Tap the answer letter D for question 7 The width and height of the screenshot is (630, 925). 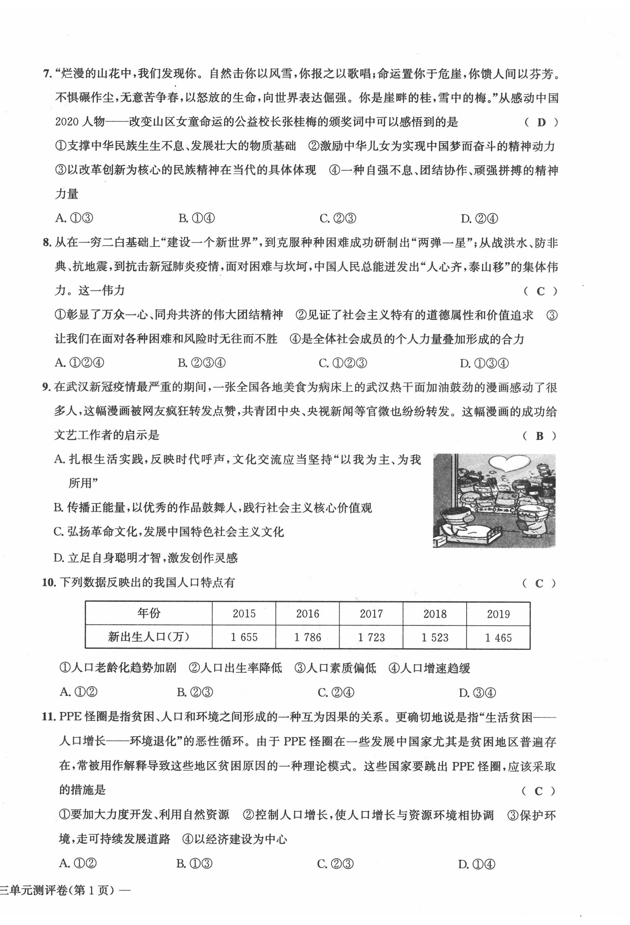541,123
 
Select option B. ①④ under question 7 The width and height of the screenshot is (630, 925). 197,218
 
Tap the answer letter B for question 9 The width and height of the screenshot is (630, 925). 539,436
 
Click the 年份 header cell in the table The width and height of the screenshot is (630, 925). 149,613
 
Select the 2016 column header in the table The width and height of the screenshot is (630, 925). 308,613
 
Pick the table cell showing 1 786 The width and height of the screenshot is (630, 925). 308,637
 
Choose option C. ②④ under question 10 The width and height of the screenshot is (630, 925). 336,693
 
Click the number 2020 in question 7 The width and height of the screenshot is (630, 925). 67,122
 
